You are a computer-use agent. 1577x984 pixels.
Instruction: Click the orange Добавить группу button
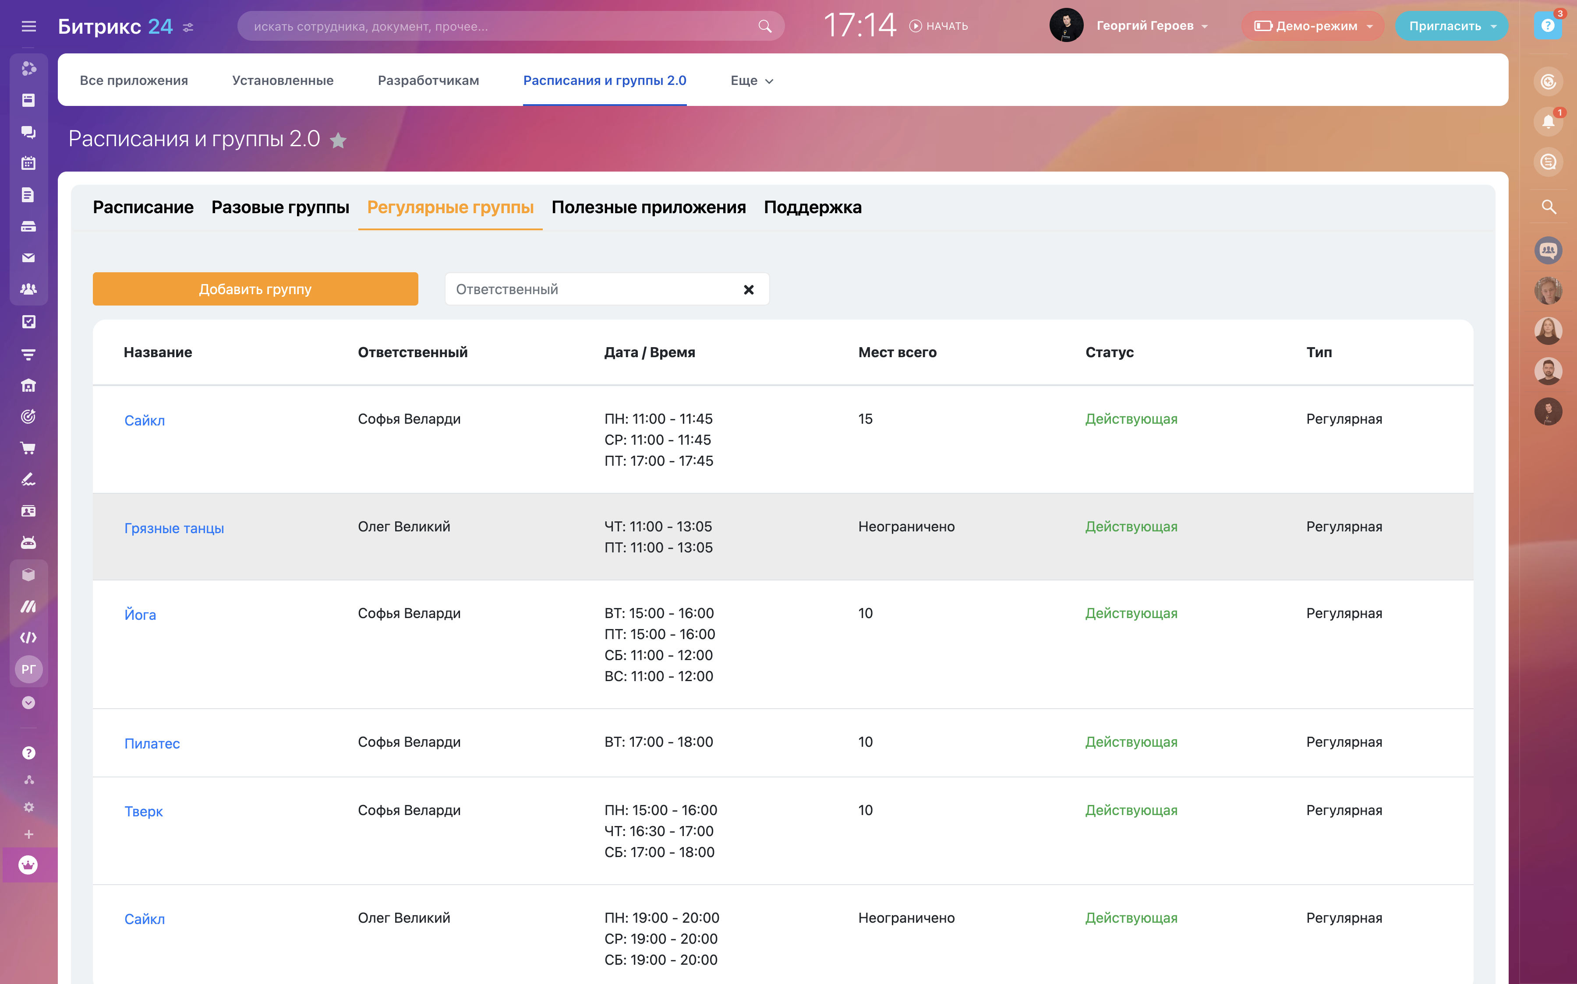[255, 289]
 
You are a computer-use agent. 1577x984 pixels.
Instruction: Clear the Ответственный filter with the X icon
[749, 290]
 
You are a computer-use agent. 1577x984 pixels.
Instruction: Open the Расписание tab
[143, 207]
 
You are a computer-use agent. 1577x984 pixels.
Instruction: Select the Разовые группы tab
[280, 207]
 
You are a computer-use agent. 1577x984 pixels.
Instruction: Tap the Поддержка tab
[813, 207]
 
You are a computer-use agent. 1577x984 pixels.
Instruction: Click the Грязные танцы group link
[174, 528]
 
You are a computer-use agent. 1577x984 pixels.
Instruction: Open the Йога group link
[140, 615]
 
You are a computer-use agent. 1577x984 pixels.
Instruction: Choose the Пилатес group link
[152, 743]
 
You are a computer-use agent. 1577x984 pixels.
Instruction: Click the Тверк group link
[143, 812]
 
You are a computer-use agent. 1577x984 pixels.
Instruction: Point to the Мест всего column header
[897, 352]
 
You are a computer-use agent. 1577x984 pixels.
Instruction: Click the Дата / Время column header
[649, 352]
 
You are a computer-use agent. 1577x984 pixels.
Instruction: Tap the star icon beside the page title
[338, 140]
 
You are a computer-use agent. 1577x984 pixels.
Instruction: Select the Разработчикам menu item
[428, 81]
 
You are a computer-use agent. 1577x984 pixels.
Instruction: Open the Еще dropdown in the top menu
[751, 81]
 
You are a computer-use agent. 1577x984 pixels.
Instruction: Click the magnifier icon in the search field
[764, 26]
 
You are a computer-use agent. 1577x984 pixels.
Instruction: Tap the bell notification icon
[1548, 122]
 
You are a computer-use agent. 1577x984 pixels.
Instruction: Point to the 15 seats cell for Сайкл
[865, 419]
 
